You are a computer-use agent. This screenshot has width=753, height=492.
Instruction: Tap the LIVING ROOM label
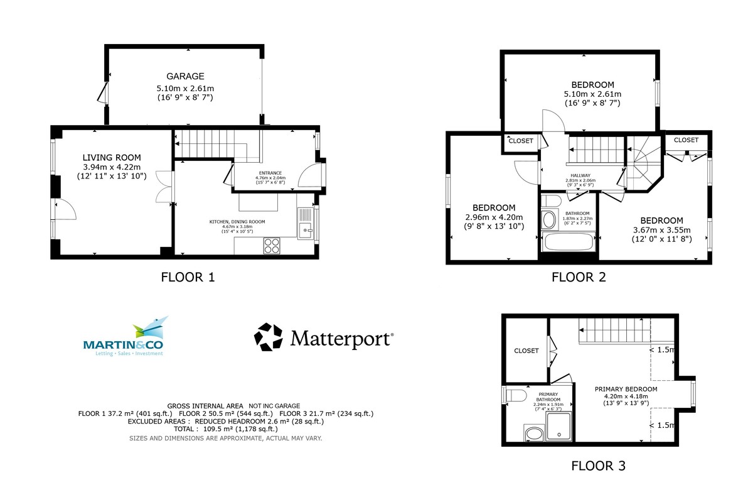click(x=112, y=157)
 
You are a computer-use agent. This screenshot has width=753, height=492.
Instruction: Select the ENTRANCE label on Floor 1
click(x=270, y=173)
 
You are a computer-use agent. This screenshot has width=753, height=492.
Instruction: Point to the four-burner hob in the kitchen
click(x=272, y=246)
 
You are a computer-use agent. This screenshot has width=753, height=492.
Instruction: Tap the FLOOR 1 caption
click(x=188, y=276)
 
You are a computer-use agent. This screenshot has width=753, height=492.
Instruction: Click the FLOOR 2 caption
click(x=578, y=276)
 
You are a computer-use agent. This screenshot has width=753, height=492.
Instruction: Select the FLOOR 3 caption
click(x=598, y=466)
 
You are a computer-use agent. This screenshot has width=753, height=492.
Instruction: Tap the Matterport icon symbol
click(x=268, y=337)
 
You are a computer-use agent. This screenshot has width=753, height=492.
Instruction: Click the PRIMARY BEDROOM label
click(x=626, y=389)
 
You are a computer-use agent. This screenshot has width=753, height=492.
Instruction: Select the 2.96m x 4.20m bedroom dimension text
click(x=493, y=217)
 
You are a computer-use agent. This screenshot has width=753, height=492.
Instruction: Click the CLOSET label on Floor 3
click(x=526, y=351)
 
